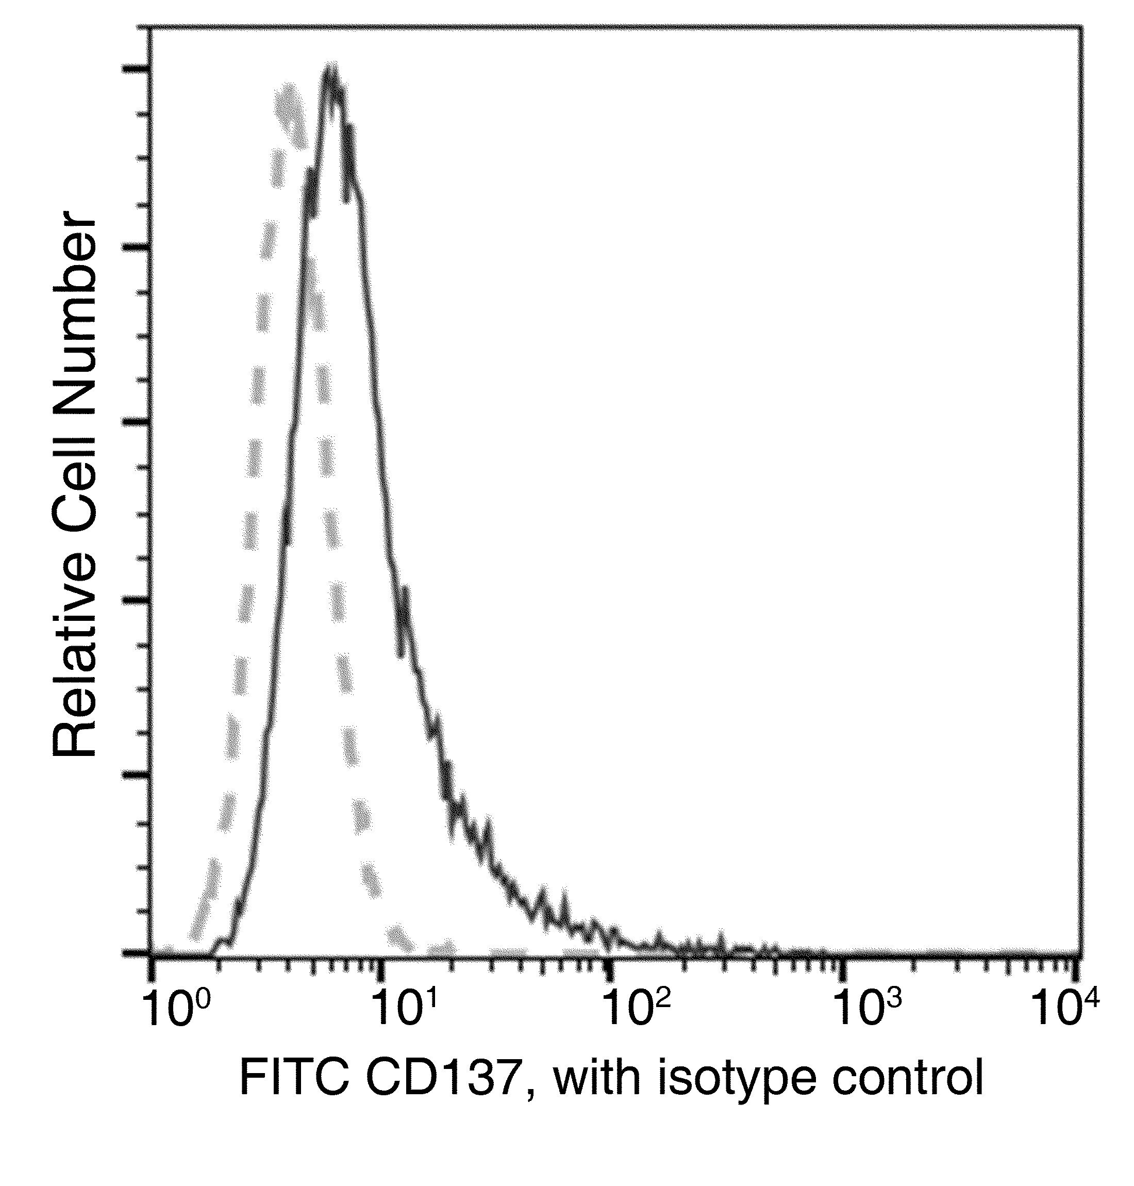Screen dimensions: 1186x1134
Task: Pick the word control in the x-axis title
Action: (x=907, y=1080)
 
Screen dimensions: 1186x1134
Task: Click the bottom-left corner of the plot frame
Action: (x=151, y=955)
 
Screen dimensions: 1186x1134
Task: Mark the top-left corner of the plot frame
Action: (x=151, y=27)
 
